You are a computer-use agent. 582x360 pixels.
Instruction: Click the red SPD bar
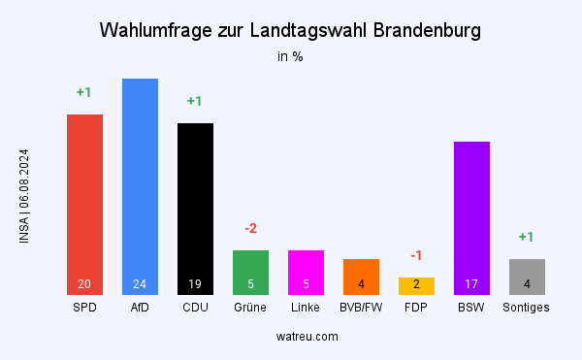click(x=84, y=204)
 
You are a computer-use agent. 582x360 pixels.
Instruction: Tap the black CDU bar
click(x=195, y=209)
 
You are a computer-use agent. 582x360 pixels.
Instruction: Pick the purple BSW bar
click(x=471, y=217)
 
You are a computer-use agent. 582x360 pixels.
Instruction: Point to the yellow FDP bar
click(x=416, y=285)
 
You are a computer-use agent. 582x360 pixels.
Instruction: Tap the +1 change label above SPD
click(x=84, y=92)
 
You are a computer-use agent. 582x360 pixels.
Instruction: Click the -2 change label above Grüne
click(x=250, y=228)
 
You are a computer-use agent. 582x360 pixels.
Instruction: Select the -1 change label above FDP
click(x=416, y=255)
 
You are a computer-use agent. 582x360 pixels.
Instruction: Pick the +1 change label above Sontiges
click(x=527, y=237)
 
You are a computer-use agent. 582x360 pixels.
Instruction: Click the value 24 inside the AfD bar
click(x=140, y=284)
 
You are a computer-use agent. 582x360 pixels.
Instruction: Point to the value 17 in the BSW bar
click(x=471, y=284)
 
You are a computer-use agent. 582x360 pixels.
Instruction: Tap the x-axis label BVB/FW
click(x=361, y=308)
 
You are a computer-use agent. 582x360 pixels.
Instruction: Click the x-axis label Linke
click(x=306, y=308)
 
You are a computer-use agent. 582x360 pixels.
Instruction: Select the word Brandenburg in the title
click(x=421, y=31)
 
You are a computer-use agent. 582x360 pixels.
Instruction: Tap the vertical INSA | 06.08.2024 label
click(x=24, y=195)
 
